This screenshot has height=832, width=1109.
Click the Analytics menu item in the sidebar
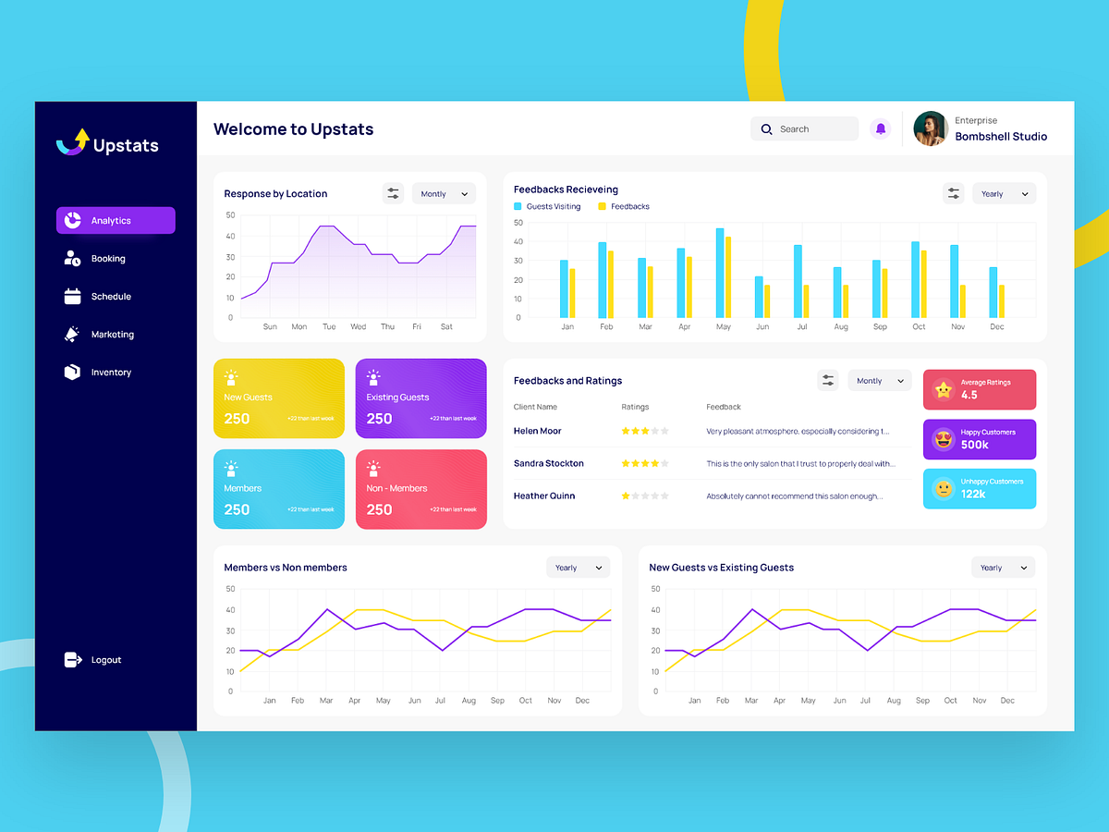tap(116, 221)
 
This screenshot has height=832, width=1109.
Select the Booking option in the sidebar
tap(107, 259)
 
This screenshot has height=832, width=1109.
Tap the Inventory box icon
tap(72, 372)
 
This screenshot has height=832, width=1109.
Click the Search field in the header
tap(804, 129)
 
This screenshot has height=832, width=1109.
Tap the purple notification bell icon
tap(880, 129)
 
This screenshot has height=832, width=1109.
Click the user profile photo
tap(931, 129)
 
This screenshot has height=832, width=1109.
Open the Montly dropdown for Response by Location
tap(444, 194)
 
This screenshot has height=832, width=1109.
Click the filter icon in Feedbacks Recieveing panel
tap(953, 194)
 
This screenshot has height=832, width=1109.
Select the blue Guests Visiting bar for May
tap(719, 273)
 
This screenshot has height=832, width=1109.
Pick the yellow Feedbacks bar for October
tap(923, 284)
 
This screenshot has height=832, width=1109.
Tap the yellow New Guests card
tap(279, 398)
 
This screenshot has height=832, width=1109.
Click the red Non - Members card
tap(421, 489)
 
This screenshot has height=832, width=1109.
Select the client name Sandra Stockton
tap(549, 464)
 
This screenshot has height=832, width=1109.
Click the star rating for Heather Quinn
tap(644, 496)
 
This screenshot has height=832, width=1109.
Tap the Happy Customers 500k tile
tap(980, 439)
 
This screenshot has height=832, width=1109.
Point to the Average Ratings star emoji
tap(943, 390)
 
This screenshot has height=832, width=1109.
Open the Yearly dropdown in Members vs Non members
tap(579, 568)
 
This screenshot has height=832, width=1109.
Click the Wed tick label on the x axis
tap(359, 326)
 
